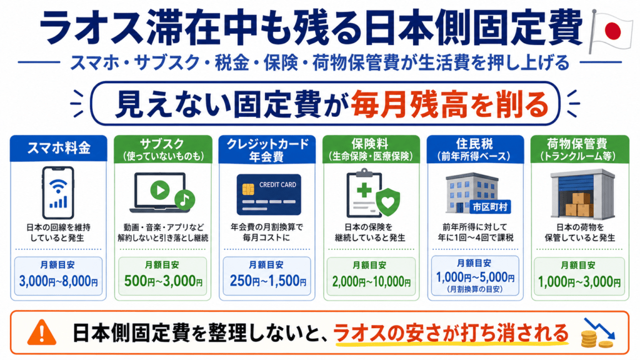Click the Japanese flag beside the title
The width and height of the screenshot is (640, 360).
click(611, 31)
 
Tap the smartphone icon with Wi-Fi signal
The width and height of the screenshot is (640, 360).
click(58, 192)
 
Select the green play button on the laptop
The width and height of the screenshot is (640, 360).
click(159, 190)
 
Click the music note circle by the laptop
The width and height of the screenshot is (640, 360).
click(184, 200)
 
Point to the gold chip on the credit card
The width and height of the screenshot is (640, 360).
click(247, 189)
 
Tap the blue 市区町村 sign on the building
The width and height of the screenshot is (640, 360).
click(490, 207)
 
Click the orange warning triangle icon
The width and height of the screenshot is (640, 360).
click(42, 332)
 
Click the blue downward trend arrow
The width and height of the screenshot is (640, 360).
click(599, 328)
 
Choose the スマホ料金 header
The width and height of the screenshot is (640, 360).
click(59, 147)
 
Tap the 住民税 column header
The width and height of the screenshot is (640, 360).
click(474, 144)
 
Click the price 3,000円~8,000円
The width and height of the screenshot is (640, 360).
click(58, 281)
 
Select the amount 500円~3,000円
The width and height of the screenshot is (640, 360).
click(163, 281)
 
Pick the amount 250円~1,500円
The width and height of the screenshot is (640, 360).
click(267, 281)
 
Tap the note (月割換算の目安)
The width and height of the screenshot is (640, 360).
click(475, 289)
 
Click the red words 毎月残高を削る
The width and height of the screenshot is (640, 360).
click(450, 104)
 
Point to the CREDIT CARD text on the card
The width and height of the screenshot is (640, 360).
click(277, 184)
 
